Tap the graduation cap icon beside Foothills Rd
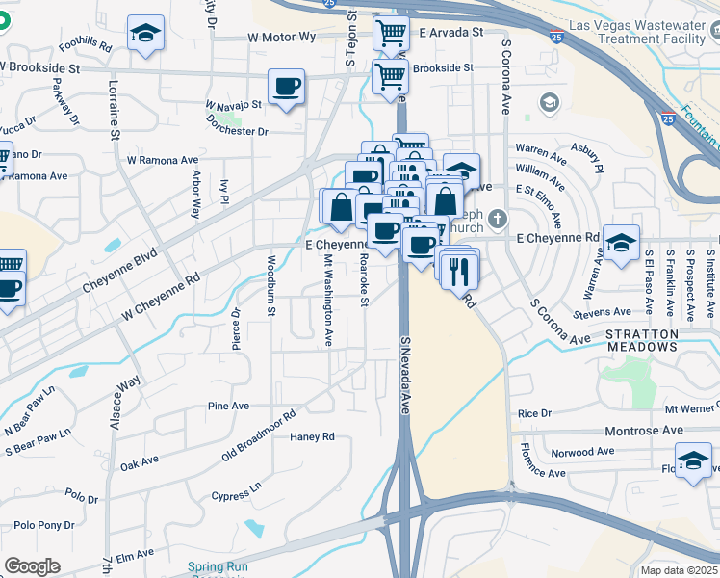pyautogui.click(x=146, y=34)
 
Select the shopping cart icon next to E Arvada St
pyautogui.click(x=391, y=34)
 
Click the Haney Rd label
pyautogui.click(x=312, y=436)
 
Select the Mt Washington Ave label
pyautogui.click(x=327, y=301)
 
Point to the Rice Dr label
pyautogui.click(x=533, y=413)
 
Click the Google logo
pyautogui.click(x=32, y=566)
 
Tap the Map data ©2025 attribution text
pyautogui.click(x=678, y=570)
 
